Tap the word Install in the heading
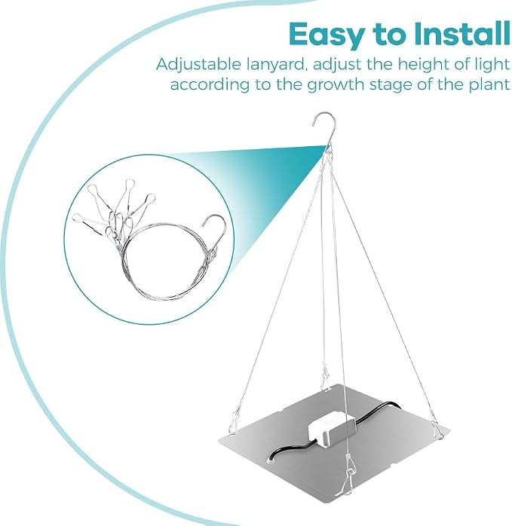click(x=462, y=33)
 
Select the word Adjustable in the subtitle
click(x=198, y=64)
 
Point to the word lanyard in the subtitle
click(x=277, y=65)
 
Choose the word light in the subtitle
click(x=493, y=64)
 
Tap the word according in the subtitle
click(x=210, y=85)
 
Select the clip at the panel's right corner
click(x=438, y=428)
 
